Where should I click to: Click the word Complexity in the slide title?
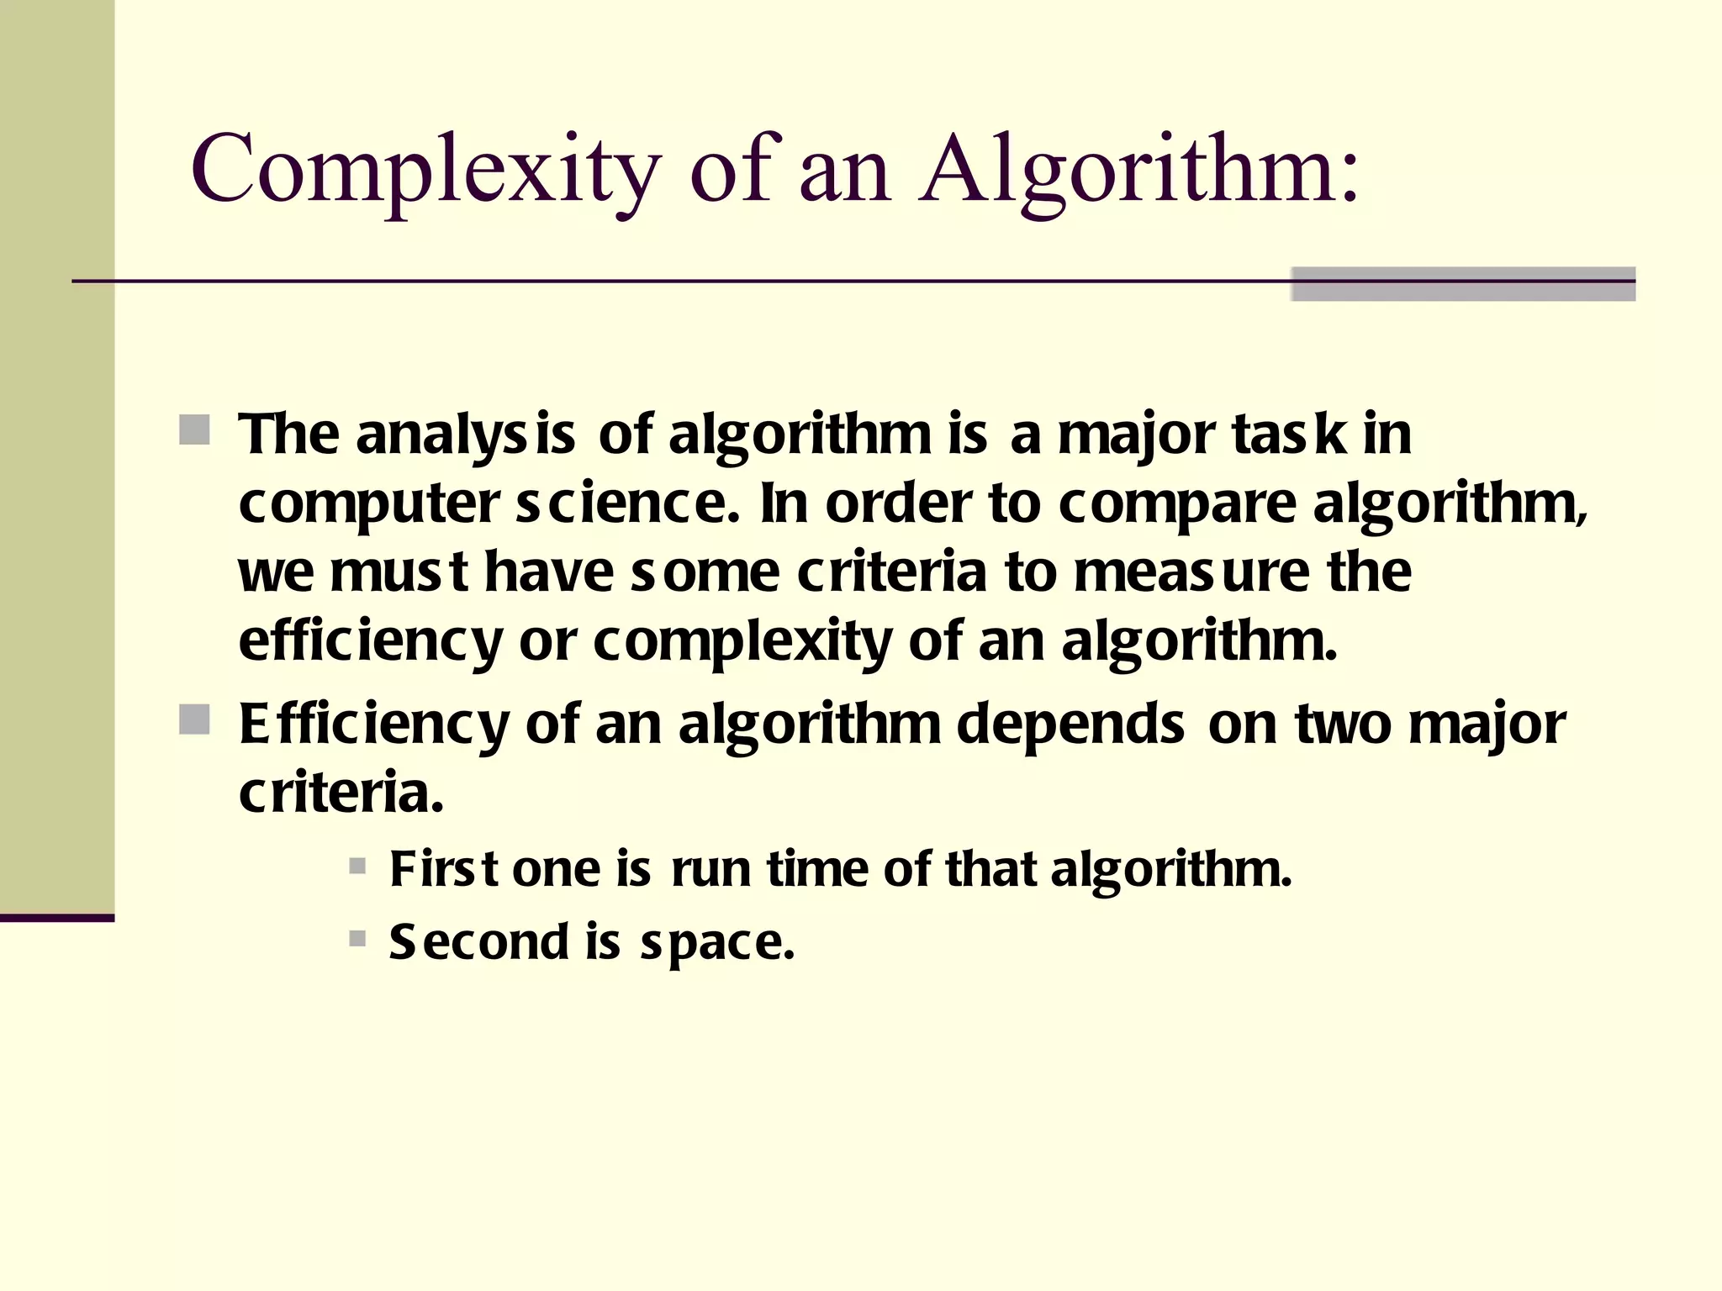pos(425,170)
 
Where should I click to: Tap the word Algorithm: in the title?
pos(1139,170)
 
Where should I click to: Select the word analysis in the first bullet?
pos(466,435)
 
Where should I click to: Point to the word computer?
pos(369,505)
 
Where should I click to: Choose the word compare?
pos(1177,505)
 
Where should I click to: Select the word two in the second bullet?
pos(1343,725)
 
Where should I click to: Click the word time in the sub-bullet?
pos(817,869)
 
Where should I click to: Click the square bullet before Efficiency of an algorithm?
pos(195,719)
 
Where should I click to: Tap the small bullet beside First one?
pos(357,866)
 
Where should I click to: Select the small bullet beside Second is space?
pos(357,938)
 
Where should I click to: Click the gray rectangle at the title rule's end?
pos(1463,284)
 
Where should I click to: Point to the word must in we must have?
pos(399,573)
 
